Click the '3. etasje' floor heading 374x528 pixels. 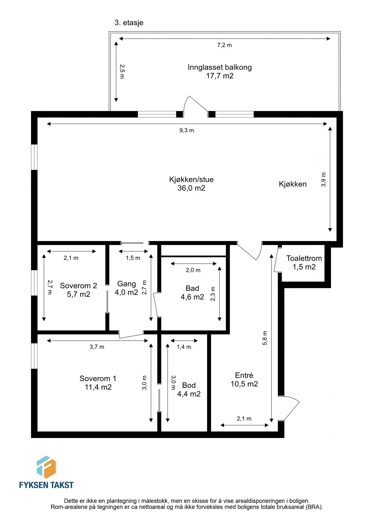point(129,23)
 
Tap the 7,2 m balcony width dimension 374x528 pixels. point(224,45)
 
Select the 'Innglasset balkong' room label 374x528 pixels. point(220,67)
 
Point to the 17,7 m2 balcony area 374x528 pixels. point(220,76)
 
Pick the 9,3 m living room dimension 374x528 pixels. point(187,130)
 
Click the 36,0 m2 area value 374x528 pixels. point(191,188)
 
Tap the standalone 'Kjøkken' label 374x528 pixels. point(293,184)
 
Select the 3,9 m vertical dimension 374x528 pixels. point(323,180)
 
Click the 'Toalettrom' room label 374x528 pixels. point(304,258)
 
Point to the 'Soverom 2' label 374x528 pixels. point(78,286)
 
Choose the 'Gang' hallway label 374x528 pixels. point(127,284)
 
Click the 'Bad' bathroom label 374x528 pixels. point(192,288)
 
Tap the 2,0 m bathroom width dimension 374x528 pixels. point(193,270)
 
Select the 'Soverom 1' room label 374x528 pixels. point(98,378)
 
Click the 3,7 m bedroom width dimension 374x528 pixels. point(97,347)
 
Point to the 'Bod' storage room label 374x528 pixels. point(189,385)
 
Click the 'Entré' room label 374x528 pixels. point(244,375)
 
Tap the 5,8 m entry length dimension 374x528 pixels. point(265,338)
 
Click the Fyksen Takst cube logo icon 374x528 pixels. point(46,467)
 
